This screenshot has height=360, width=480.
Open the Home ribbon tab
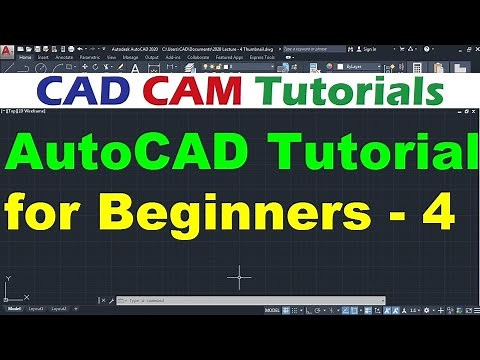(25, 57)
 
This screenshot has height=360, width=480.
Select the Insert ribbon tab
(43, 57)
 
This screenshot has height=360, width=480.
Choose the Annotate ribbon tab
(64, 57)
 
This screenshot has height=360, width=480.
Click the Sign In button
(369, 47)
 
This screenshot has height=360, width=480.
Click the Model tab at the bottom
(14, 309)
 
